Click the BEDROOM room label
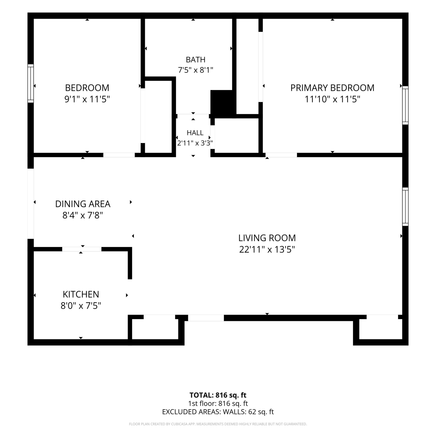tap(87, 88)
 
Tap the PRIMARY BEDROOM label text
tap(332, 88)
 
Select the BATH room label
tap(196, 60)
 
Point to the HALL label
tap(195, 133)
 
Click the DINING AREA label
tap(83, 204)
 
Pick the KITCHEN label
tap(81, 294)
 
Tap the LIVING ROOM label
tap(267, 238)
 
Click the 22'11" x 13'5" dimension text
tap(267, 250)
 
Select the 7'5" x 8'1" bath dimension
tap(196, 70)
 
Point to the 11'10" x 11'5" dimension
tap(332, 99)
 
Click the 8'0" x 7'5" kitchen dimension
tap(81, 306)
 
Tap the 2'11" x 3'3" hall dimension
tap(195, 143)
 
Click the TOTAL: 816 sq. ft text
tap(218, 395)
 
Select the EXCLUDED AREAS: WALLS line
tap(218, 412)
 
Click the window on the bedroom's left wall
tap(31, 83)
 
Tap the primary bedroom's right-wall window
tap(405, 105)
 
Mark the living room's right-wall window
tap(405, 207)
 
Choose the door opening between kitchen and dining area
tap(82, 249)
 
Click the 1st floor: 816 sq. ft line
tap(218, 403)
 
